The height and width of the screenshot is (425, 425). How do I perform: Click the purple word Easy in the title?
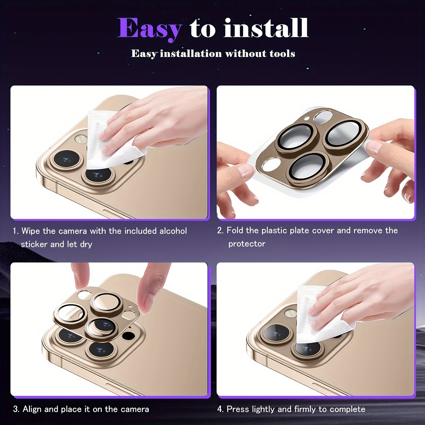tap(150, 29)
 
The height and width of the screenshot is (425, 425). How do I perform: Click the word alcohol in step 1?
tap(173, 231)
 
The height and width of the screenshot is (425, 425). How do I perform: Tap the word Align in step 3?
tap(32, 409)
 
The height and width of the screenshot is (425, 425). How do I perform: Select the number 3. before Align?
tap(16, 409)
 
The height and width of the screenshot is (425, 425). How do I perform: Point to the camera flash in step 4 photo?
tap(291, 313)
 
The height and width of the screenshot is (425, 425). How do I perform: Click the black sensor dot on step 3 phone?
tap(129, 336)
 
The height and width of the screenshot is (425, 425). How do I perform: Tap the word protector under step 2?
tap(247, 244)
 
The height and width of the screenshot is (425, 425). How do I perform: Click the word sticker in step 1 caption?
tap(34, 244)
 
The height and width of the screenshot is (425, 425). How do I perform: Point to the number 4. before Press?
tap(220, 409)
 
